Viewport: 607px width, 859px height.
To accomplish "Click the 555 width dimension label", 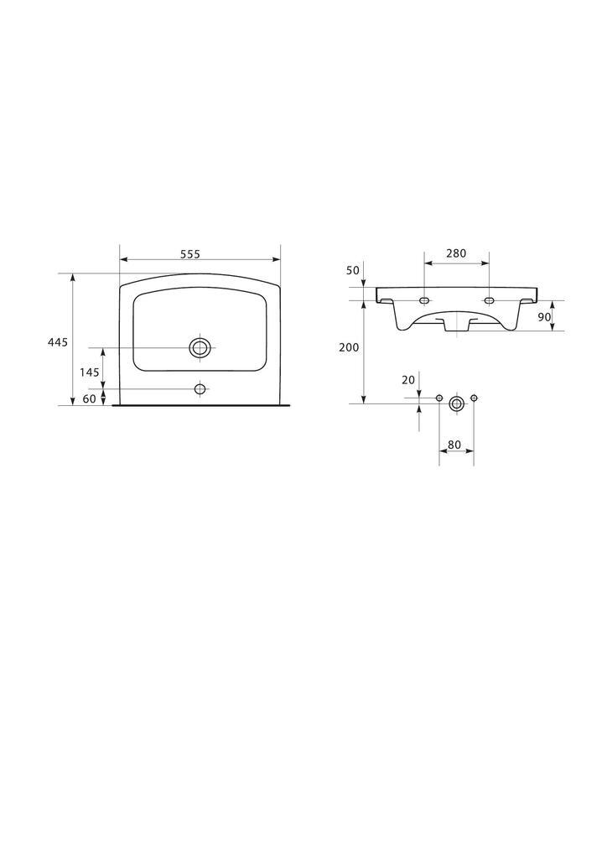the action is coord(191,254).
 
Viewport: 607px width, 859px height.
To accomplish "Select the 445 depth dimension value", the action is coord(58,342).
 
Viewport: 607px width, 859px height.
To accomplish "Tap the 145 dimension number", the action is coord(90,372).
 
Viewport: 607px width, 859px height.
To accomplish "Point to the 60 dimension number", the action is coord(89,398).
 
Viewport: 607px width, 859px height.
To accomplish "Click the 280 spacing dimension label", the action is coord(456,253).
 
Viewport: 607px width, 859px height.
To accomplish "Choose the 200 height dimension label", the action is coord(349,347).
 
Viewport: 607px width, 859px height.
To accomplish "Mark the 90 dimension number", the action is coord(544,316).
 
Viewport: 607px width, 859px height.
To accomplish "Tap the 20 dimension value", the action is coord(409,380).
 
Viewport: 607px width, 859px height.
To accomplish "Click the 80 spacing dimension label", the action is coord(454,445).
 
